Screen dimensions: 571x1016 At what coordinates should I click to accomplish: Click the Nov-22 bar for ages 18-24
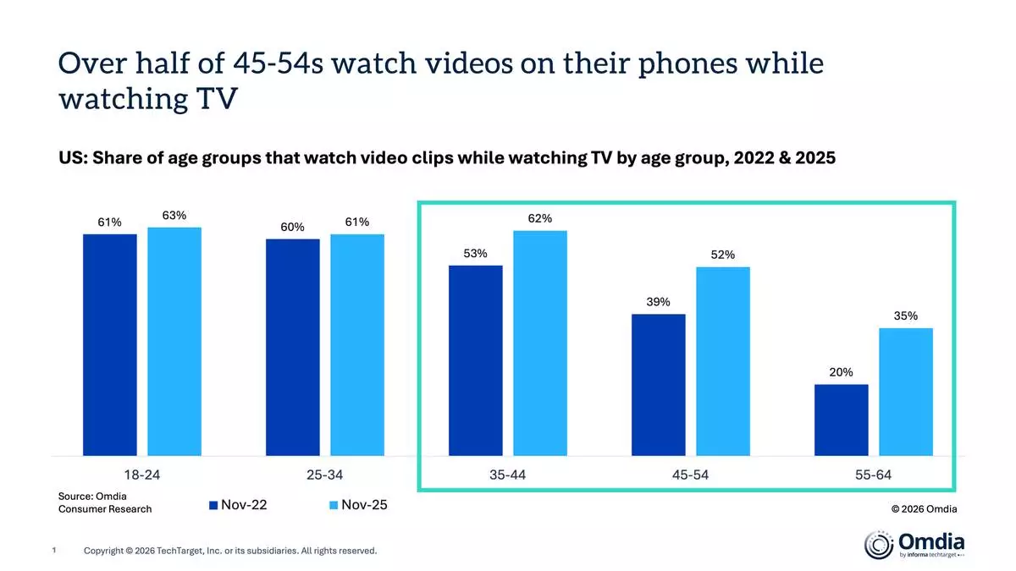[x=109, y=345]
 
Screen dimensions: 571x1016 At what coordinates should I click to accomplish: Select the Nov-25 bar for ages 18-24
[x=174, y=342]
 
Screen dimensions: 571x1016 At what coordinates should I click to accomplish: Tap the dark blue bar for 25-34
[x=293, y=348]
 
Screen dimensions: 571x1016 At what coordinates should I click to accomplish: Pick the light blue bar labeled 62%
[x=539, y=343]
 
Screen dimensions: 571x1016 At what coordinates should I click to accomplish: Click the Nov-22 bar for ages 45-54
[x=658, y=386]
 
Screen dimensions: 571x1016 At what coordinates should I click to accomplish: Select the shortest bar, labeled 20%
[x=841, y=420]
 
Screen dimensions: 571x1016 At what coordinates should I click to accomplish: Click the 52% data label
[x=723, y=255]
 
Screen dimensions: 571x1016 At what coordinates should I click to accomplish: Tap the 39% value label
[x=658, y=302]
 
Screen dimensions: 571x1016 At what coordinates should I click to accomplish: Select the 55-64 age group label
[x=873, y=475]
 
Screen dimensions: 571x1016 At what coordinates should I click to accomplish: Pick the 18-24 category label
[x=141, y=475]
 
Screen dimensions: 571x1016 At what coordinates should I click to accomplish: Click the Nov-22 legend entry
[x=240, y=505]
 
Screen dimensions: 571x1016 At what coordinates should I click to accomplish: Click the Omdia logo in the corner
[x=913, y=544]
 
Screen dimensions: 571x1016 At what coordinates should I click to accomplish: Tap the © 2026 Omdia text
[x=924, y=508]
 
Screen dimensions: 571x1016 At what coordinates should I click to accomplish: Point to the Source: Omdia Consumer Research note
[x=104, y=502]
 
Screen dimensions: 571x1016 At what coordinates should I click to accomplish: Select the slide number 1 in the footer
[x=54, y=551]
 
